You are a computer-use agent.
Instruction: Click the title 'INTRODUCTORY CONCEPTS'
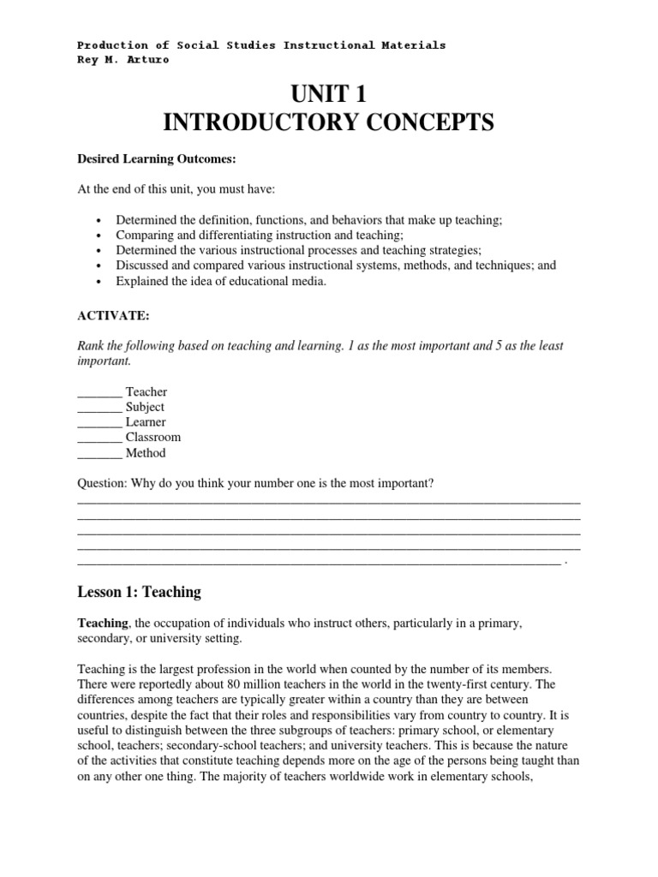328,123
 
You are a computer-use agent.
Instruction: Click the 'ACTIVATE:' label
113,315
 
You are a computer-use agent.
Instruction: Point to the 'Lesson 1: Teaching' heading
139,592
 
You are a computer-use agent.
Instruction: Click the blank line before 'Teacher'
99,393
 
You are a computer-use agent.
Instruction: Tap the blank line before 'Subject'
99,409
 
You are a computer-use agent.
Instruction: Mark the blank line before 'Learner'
99,423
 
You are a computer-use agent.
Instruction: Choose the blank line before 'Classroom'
99,438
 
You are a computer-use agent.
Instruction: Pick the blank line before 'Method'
99,454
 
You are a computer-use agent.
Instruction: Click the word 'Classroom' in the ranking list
153,438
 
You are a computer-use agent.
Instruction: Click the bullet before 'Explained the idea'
101,282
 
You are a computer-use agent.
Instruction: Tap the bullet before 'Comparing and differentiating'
101,236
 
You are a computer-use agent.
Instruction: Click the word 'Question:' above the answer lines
102,484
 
